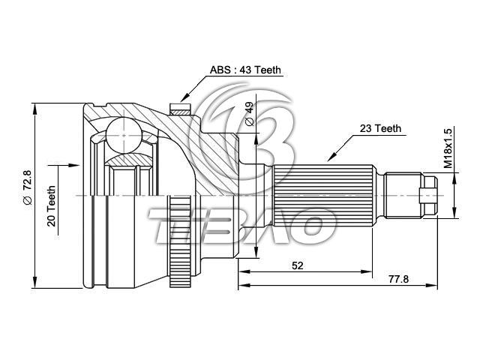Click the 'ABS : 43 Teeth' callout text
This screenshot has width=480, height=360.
[x=245, y=70]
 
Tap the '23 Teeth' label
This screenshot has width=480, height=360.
[x=380, y=128]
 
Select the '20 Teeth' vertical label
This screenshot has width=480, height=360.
[x=52, y=206]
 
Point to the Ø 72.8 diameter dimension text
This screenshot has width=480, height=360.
[x=27, y=190]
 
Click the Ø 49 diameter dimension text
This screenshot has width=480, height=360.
[x=250, y=113]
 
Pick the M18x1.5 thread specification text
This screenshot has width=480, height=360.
[x=448, y=148]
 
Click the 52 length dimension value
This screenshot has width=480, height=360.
[x=297, y=265]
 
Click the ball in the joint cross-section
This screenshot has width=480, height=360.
[x=124, y=135]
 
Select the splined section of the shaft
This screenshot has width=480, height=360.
[x=323, y=196]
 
